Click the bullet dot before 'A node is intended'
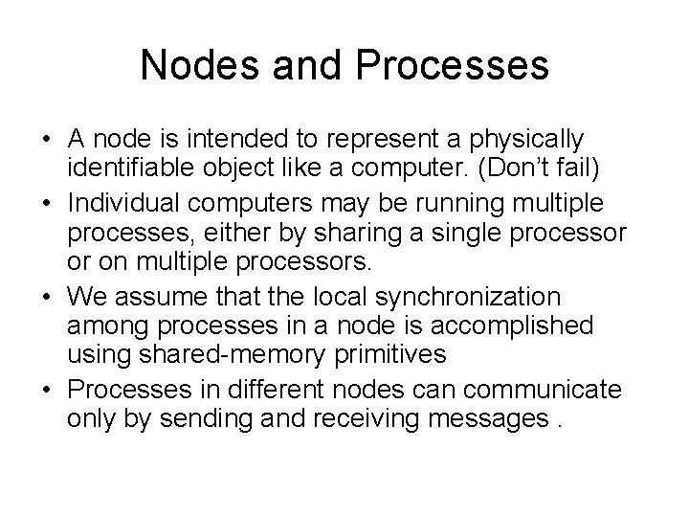[46, 138]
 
